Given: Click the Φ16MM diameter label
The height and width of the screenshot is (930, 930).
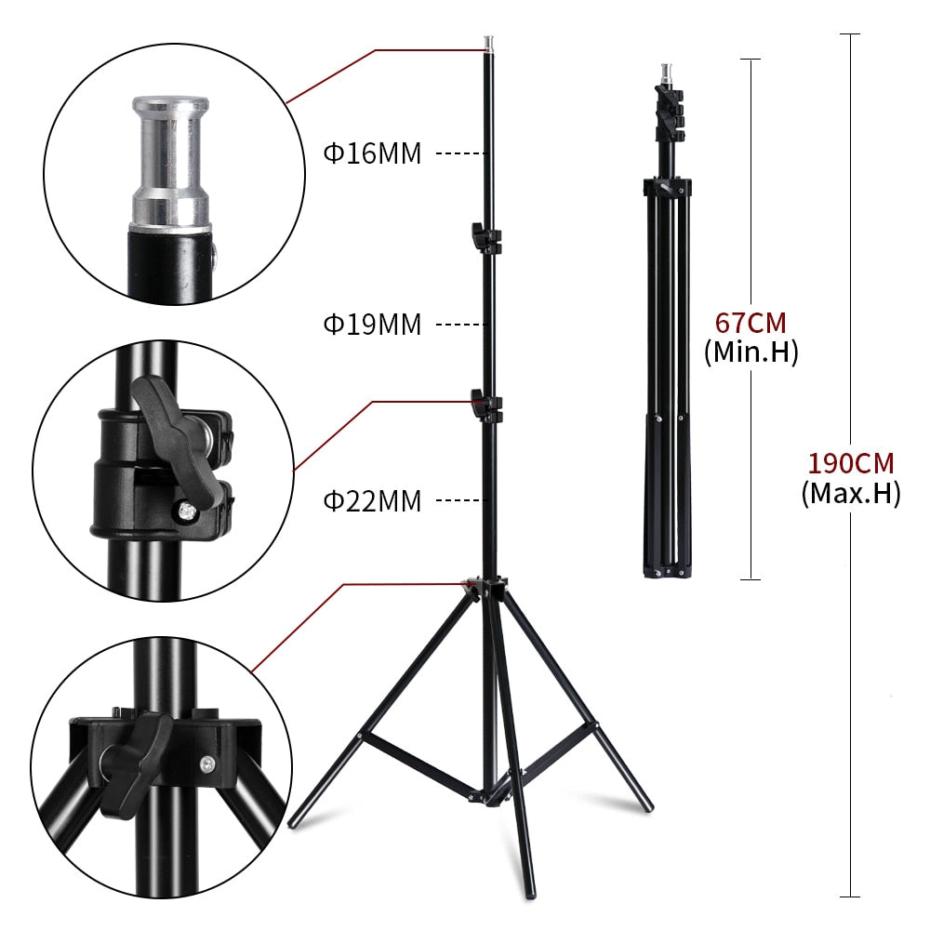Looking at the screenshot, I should [x=372, y=153].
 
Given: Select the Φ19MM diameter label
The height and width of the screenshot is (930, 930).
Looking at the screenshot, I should [x=372, y=325].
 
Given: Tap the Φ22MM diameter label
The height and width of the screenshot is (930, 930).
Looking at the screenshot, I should [x=372, y=501].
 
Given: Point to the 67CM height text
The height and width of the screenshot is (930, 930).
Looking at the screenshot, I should [x=750, y=323].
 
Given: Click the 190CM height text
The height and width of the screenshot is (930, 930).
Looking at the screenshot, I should [x=850, y=462].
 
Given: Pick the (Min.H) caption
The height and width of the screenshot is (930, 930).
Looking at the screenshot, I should [x=751, y=352].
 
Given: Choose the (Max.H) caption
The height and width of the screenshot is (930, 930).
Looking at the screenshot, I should [x=850, y=492].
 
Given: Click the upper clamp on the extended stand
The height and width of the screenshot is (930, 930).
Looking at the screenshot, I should [x=485, y=237].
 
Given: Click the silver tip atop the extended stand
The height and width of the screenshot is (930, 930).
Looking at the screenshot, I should [x=487, y=43].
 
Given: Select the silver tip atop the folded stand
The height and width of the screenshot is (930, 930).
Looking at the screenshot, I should [x=665, y=72].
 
